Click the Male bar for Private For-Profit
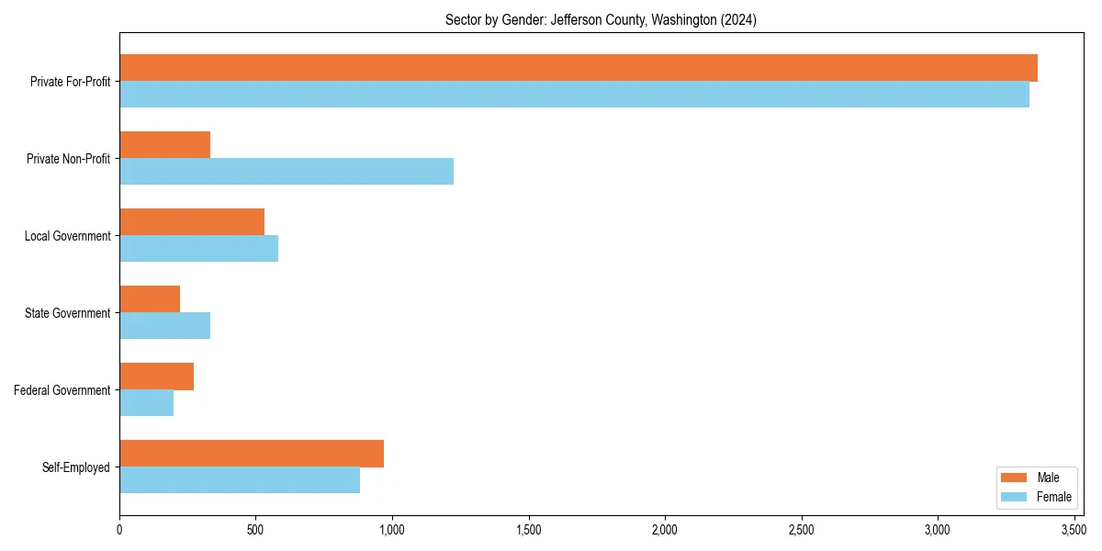(x=579, y=68)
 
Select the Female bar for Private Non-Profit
(x=287, y=172)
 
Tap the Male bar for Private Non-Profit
(x=165, y=145)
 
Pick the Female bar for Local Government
(x=198, y=249)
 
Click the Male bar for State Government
(x=150, y=299)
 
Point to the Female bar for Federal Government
(x=147, y=403)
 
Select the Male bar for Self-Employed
(x=252, y=454)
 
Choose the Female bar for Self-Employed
(x=240, y=480)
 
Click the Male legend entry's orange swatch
(x=1014, y=478)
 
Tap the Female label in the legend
(x=1054, y=497)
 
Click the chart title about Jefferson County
(x=601, y=19)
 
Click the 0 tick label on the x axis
(x=119, y=530)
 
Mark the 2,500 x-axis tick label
(x=802, y=530)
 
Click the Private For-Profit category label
(x=70, y=82)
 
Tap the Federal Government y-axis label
(x=62, y=390)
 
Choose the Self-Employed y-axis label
(x=76, y=467)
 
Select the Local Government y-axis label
(x=68, y=236)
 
